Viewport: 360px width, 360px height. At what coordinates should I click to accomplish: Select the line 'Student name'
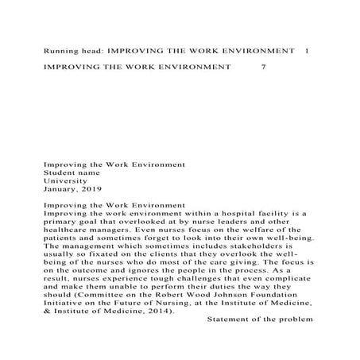point(71,172)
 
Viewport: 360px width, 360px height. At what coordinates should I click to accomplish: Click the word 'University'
point(65,180)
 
